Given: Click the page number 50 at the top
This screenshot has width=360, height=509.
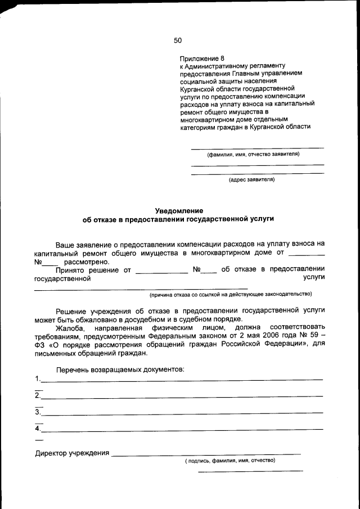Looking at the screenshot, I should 178,40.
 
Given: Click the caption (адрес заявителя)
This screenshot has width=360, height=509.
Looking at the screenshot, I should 251,180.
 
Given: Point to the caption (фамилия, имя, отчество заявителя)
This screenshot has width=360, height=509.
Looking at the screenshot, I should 253,154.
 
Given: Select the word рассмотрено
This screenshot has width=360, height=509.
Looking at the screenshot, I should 87,262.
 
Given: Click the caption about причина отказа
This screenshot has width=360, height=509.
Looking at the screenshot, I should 230,294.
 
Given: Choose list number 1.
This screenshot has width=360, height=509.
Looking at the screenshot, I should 37,378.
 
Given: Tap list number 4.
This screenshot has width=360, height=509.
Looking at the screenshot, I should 37,429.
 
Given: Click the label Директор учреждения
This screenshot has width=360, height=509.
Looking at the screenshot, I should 71,453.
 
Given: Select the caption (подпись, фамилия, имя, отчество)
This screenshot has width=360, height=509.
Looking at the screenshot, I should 230,460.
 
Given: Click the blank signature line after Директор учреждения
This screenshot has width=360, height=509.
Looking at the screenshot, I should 206,453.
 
